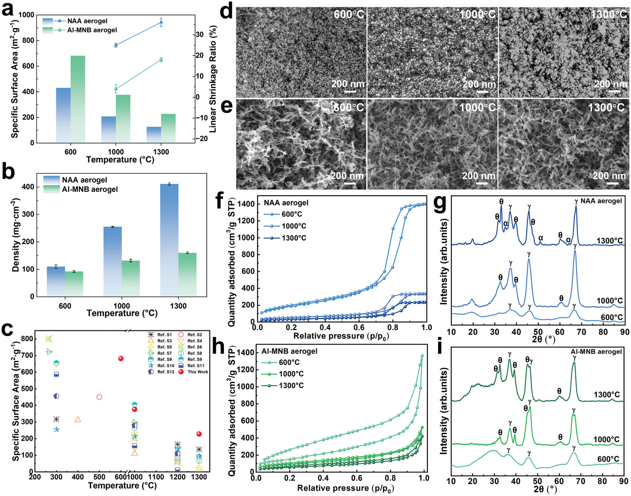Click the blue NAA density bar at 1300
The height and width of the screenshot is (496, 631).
coord(169,240)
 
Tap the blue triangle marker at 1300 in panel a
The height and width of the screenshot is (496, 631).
coord(161,22)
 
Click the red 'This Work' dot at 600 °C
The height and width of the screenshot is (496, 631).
coord(121,359)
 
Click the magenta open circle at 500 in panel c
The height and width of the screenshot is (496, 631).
coord(99,397)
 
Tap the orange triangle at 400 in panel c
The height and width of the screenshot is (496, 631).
coord(78,419)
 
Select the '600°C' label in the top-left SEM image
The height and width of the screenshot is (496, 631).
coord(349,14)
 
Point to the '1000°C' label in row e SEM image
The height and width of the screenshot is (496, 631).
coord(478,108)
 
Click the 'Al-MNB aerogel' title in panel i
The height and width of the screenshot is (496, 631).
coord(596,352)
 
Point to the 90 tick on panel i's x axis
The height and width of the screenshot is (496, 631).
coord(624,481)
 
